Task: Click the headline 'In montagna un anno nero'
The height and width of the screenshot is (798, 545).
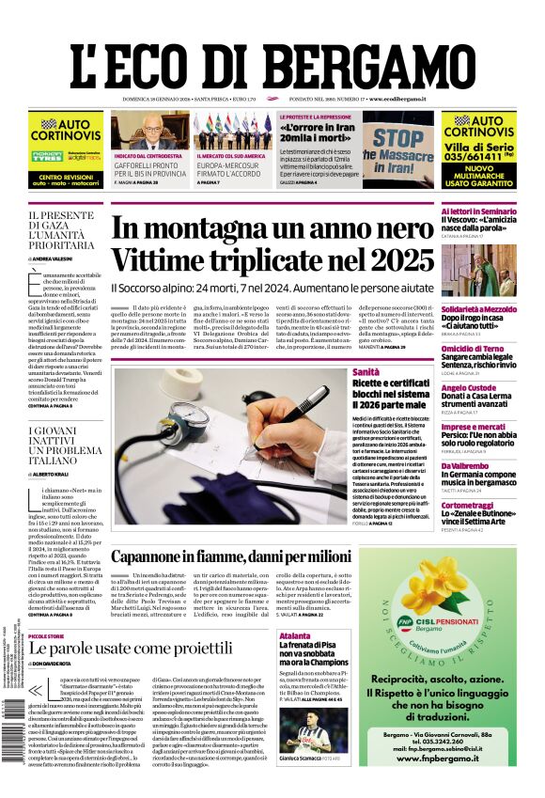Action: (272, 231)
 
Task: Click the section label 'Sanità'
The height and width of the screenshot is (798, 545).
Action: (366, 372)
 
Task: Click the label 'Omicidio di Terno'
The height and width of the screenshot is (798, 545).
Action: (475, 349)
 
